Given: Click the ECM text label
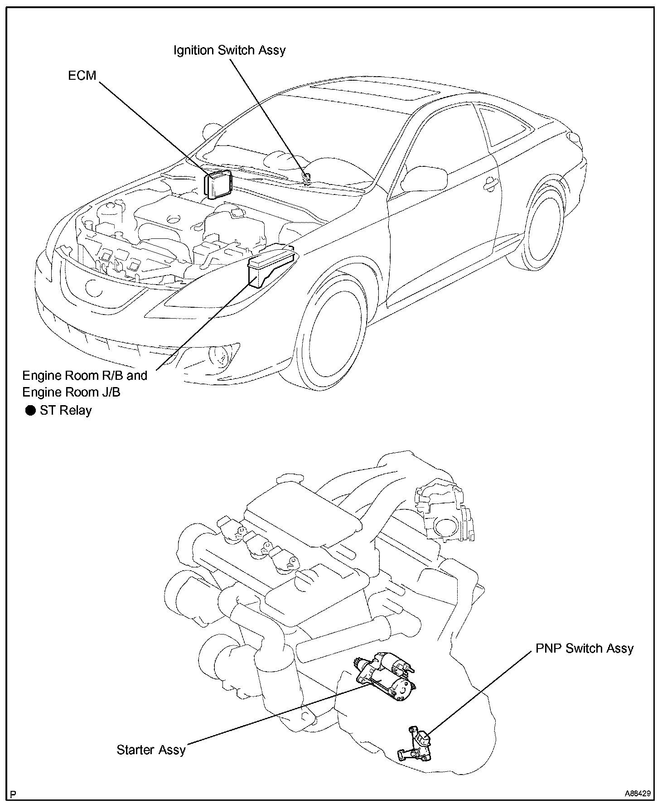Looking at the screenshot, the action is click(82, 75).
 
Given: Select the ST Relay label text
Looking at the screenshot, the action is click(66, 411).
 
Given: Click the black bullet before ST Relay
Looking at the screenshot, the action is click(30, 411).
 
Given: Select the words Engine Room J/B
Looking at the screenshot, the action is click(71, 392).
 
